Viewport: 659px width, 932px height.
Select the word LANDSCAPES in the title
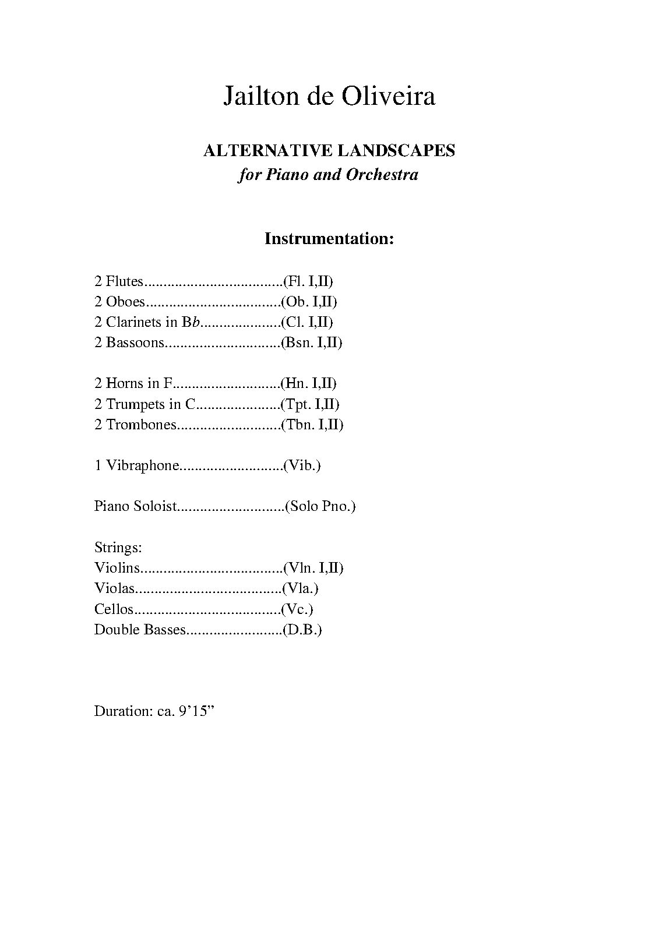[396, 151]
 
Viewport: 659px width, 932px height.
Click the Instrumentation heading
[329, 239]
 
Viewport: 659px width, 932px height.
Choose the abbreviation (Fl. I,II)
[308, 281]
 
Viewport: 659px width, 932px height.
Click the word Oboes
[125, 302]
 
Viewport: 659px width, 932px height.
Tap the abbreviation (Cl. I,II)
[307, 322]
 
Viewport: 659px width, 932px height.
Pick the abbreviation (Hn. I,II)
[309, 383]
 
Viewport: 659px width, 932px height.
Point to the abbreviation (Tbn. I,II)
[312, 425]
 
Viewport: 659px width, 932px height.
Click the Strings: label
[118, 548]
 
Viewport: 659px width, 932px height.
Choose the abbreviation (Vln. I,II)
[313, 568]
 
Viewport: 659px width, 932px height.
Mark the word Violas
[114, 588]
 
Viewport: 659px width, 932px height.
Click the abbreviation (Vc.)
[297, 609]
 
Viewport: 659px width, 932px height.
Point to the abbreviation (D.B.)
[302, 630]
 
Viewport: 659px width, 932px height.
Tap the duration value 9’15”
[195, 711]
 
